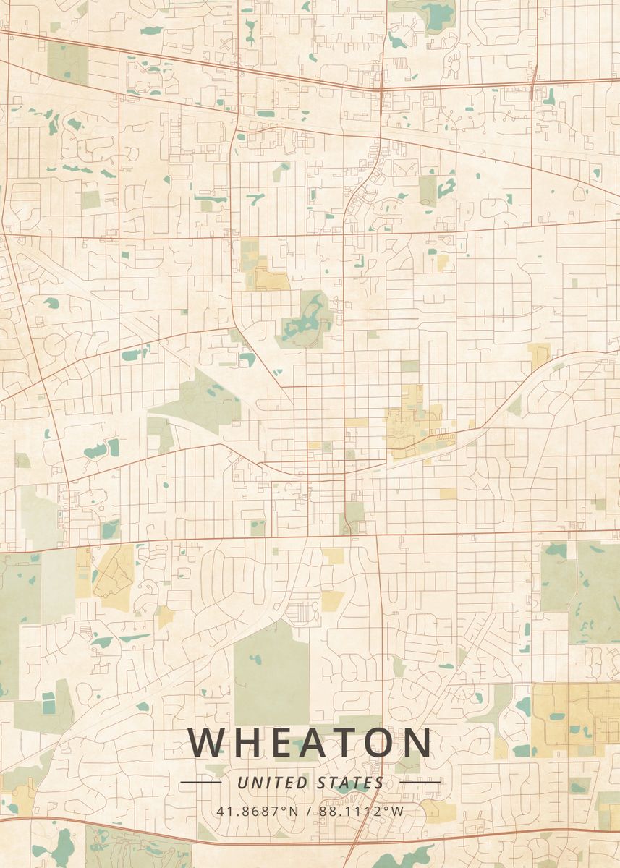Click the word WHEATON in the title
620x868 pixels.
[x=310, y=741]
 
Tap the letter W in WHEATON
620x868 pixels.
[x=205, y=741]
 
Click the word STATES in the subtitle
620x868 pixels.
[x=350, y=783]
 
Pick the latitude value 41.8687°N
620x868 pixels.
[x=257, y=810]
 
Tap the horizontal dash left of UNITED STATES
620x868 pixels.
[x=200, y=782]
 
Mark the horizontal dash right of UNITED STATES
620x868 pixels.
[x=420, y=782]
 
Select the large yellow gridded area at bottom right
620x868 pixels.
[x=575, y=720]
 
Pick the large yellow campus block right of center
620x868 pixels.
[x=412, y=427]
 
